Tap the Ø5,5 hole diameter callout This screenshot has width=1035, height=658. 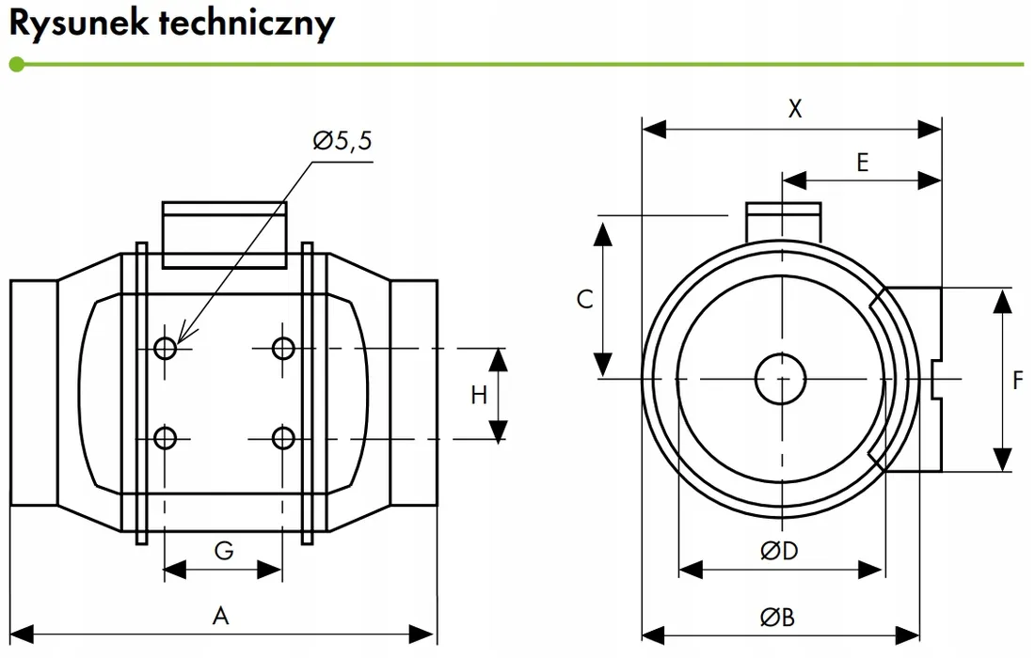342,142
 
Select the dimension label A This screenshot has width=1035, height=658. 220,616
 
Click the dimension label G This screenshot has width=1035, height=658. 223,551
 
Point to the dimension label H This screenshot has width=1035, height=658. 479,395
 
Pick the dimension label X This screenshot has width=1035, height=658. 795,109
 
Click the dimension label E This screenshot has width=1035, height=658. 862,163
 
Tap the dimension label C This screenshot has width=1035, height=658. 584,299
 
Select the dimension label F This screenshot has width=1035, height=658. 1017,381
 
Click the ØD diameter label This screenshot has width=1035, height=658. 779,551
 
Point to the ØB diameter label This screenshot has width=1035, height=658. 778,617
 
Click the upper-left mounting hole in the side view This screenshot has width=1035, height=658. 166,348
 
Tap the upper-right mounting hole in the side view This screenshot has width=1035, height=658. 282,348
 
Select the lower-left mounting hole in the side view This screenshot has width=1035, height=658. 166,438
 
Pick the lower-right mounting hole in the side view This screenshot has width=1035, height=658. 282,438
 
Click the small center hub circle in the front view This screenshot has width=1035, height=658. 781,378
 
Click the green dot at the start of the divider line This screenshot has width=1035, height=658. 16,65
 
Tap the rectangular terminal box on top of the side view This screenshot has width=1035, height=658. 224,234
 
